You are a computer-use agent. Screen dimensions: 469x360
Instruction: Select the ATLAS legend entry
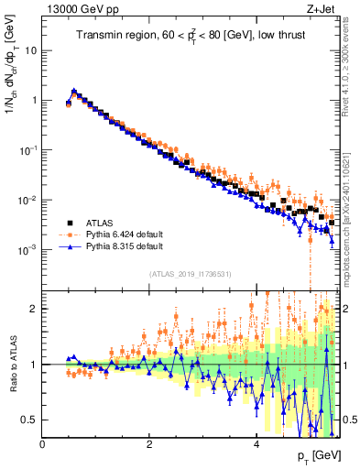tap(103, 223)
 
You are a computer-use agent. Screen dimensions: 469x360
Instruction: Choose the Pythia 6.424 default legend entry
tap(124, 234)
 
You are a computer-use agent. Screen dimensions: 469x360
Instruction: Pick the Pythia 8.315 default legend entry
tap(124, 246)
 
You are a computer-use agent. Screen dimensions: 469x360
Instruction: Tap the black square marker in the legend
tap(69, 223)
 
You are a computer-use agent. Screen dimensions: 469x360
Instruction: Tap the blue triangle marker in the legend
tap(69, 246)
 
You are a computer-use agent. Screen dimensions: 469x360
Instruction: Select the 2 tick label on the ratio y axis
tap(35, 309)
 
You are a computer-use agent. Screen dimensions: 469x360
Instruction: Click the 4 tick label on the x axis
tap(256, 444)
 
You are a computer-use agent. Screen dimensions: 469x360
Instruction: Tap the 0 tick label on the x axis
tap(43, 444)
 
